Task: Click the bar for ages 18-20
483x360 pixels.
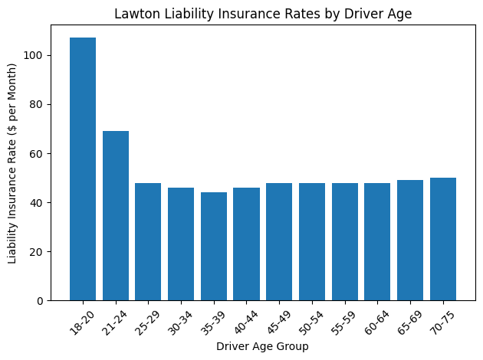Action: click(x=83, y=169)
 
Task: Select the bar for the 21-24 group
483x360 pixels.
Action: click(x=116, y=215)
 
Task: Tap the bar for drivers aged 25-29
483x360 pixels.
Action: click(x=148, y=241)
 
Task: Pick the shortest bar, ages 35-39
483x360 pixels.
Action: click(x=214, y=246)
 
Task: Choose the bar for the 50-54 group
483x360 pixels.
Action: click(x=312, y=241)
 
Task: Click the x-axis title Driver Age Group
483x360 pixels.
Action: click(x=262, y=347)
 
